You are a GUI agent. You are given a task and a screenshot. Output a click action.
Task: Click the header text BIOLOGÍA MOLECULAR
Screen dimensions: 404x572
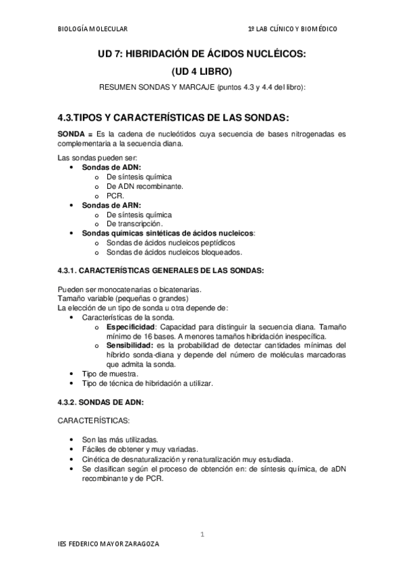(92, 29)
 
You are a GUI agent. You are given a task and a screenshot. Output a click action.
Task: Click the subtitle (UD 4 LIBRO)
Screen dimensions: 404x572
(202, 71)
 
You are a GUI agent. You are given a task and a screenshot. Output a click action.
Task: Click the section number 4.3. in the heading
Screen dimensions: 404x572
(67, 116)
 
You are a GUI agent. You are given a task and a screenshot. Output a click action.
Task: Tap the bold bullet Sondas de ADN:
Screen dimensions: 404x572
(111, 167)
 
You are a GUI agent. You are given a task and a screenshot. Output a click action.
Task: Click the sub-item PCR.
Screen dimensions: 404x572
(115, 195)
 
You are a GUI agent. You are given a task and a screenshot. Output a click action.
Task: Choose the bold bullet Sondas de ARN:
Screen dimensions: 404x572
(111, 204)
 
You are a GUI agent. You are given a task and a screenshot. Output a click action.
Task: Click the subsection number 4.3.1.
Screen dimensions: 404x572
(68, 270)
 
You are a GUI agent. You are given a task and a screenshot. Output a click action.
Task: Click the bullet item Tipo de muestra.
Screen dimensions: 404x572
(110, 374)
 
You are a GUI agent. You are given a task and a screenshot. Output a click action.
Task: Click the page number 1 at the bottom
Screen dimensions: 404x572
(202, 535)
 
